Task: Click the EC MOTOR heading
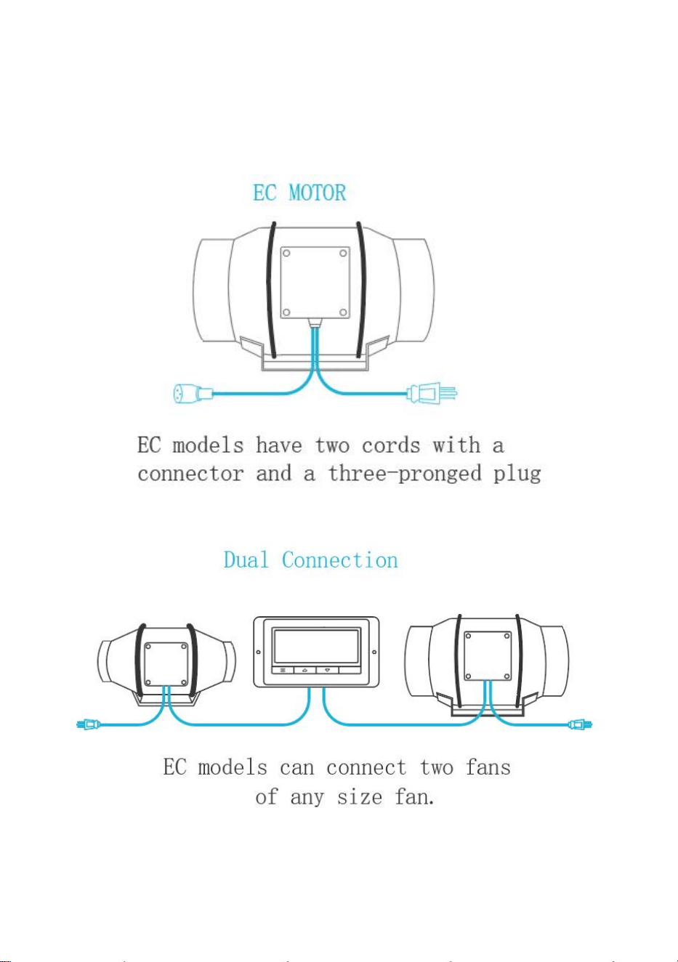coord(299,193)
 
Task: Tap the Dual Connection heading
coord(310,560)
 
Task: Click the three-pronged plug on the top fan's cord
coord(432,392)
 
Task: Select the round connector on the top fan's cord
coord(193,393)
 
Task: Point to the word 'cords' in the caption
coord(390,445)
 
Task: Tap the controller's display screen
coord(316,647)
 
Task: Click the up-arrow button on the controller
coord(304,670)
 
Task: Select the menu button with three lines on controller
coord(283,670)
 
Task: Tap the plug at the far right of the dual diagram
coord(580,724)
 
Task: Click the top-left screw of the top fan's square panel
coord(286,254)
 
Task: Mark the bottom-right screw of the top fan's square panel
coord(343,312)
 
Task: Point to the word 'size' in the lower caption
coord(359,797)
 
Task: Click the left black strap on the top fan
coord(270,290)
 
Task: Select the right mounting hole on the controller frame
coord(374,652)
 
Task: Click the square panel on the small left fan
coord(166,664)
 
